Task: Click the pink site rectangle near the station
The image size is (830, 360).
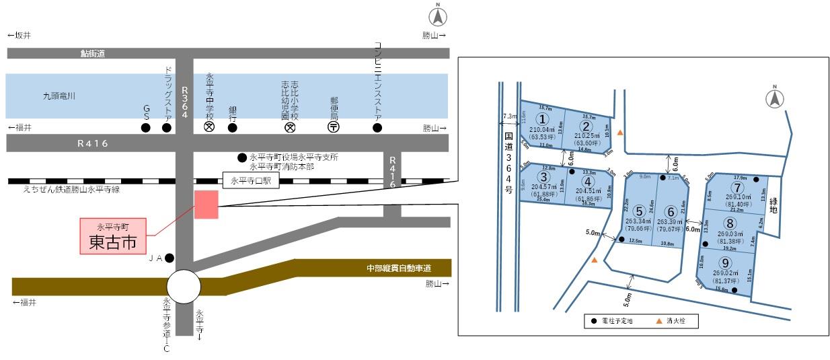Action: [206, 204]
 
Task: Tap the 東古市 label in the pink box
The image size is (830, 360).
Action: [113, 242]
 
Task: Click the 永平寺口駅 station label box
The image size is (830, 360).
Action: [250, 181]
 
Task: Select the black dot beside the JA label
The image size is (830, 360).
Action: [169, 258]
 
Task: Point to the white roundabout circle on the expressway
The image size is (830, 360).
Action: [184, 287]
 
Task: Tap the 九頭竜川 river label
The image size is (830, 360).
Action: [59, 97]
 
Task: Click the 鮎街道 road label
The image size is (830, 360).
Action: [93, 53]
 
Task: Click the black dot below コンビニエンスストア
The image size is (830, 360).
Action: [377, 127]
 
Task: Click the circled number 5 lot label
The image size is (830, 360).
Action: [638, 211]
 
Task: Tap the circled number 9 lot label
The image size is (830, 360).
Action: [724, 263]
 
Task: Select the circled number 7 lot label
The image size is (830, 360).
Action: [738, 187]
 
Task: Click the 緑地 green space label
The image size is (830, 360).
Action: [774, 205]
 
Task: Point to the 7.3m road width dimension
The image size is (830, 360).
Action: [508, 116]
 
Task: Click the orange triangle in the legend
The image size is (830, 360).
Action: [658, 322]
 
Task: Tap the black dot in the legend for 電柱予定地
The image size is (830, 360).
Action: [593, 322]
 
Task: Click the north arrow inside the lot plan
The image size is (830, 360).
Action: [775, 98]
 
